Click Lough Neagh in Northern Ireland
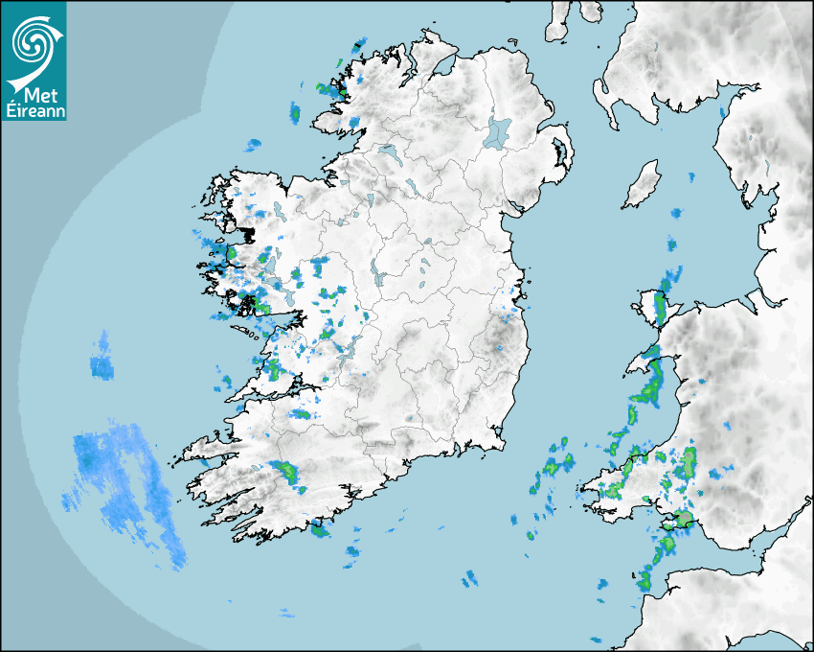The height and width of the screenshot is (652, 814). (x=499, y=131)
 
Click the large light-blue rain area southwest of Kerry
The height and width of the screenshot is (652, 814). (x=120, y=475)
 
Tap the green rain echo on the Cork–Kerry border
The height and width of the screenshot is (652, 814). (x=285, y=472)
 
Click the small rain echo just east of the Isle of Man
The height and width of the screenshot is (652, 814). (x=690, y=177)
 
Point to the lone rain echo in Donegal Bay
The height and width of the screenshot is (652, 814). (x=253, y=145)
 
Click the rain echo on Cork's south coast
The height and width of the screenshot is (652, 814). (x=320, y=526)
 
